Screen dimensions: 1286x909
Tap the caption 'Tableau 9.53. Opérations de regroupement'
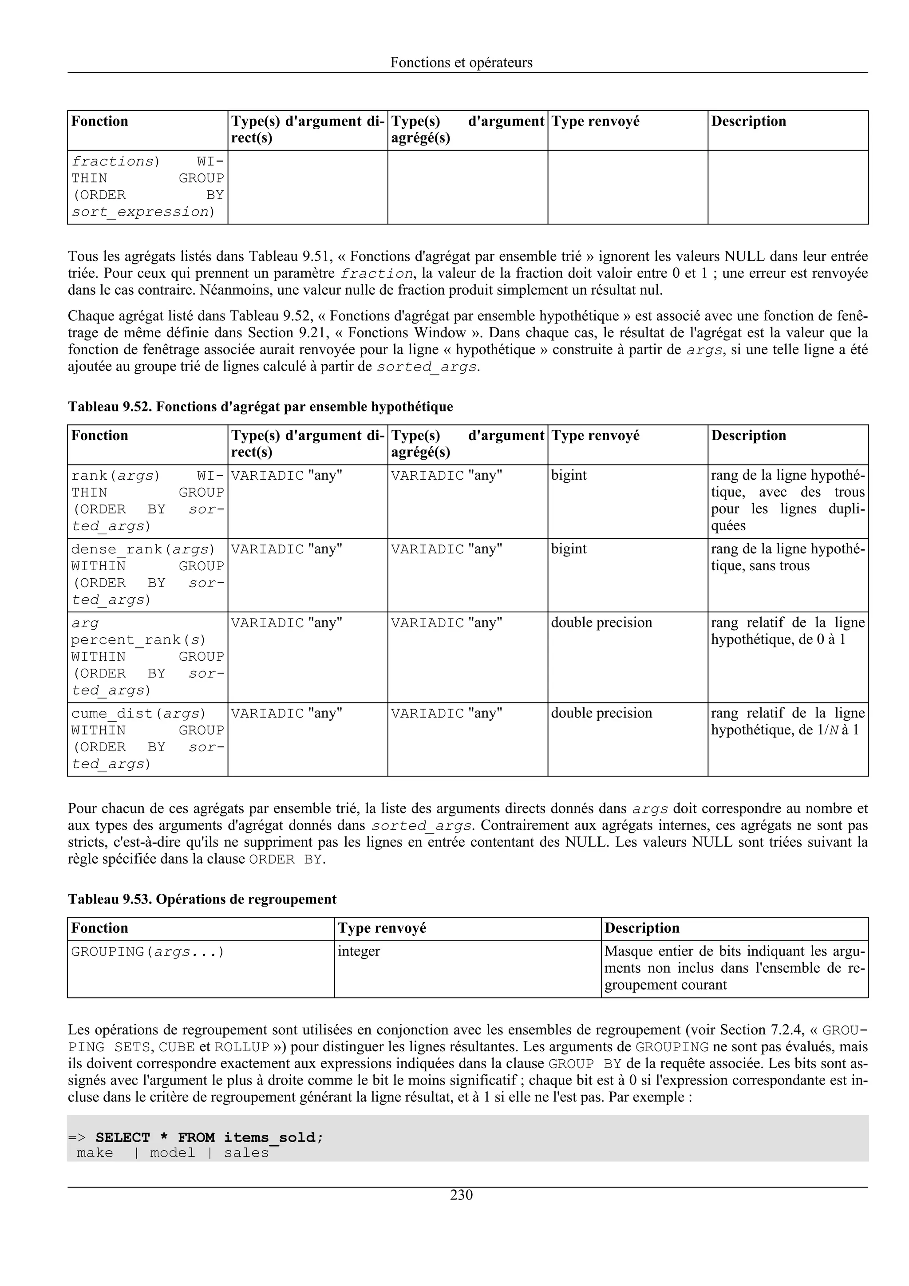click(x=202, y=899)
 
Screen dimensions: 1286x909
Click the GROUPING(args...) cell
click(x=147, y=951)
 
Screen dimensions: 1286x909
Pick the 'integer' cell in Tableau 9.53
click(x=359, y=951)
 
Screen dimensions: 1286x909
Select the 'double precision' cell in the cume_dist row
click(x=601, y=713)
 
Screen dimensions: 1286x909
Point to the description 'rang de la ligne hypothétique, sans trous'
click(x=787, y=557)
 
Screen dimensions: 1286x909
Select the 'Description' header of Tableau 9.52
click(x=748, y=435)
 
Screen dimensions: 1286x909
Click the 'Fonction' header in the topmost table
click(x=100, y=121)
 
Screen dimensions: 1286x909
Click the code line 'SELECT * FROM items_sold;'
click(x=209, y=1138)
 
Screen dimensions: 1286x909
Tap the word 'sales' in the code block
click(x=246, y=1153)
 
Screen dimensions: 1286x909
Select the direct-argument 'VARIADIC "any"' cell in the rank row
click(x=286, y=476)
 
